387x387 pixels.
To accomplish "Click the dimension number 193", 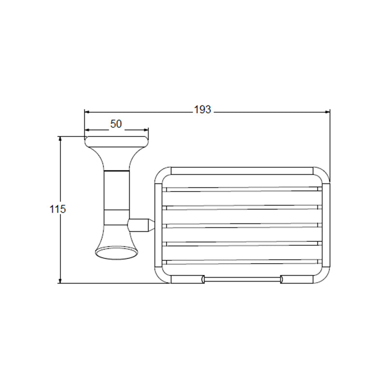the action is [x=202, y=110].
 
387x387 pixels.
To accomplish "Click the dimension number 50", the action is [x=116, y=124].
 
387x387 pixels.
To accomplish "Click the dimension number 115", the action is [x=58, y=209].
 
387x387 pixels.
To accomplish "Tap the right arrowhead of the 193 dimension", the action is [x=327, y=112].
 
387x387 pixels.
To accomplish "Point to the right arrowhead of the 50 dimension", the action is [x=146, y=130].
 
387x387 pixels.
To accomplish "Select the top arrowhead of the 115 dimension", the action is [x=60, y=139].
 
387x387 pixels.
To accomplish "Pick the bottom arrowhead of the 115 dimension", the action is [x=60, y=281].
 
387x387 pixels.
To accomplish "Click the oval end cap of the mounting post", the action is [x=117, y=253].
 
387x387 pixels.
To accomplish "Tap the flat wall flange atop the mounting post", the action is [x=117, y=142].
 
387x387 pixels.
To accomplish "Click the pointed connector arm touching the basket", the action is [x=141, y=225].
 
